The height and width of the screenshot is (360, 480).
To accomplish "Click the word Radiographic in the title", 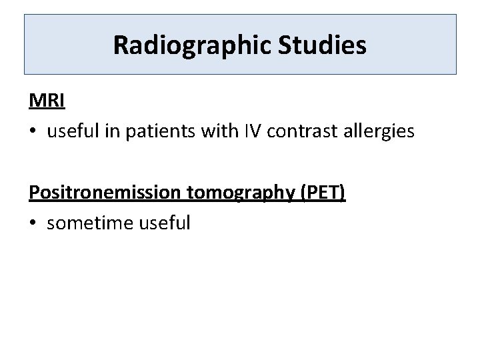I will point(189,45).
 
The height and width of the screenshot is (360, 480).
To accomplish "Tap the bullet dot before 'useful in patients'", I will point(33,132).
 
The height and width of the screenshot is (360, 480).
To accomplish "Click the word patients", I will point(169,131).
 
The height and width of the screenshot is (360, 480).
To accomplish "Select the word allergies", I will point(383,131).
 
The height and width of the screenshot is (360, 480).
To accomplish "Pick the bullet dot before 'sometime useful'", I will point(33,223).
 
